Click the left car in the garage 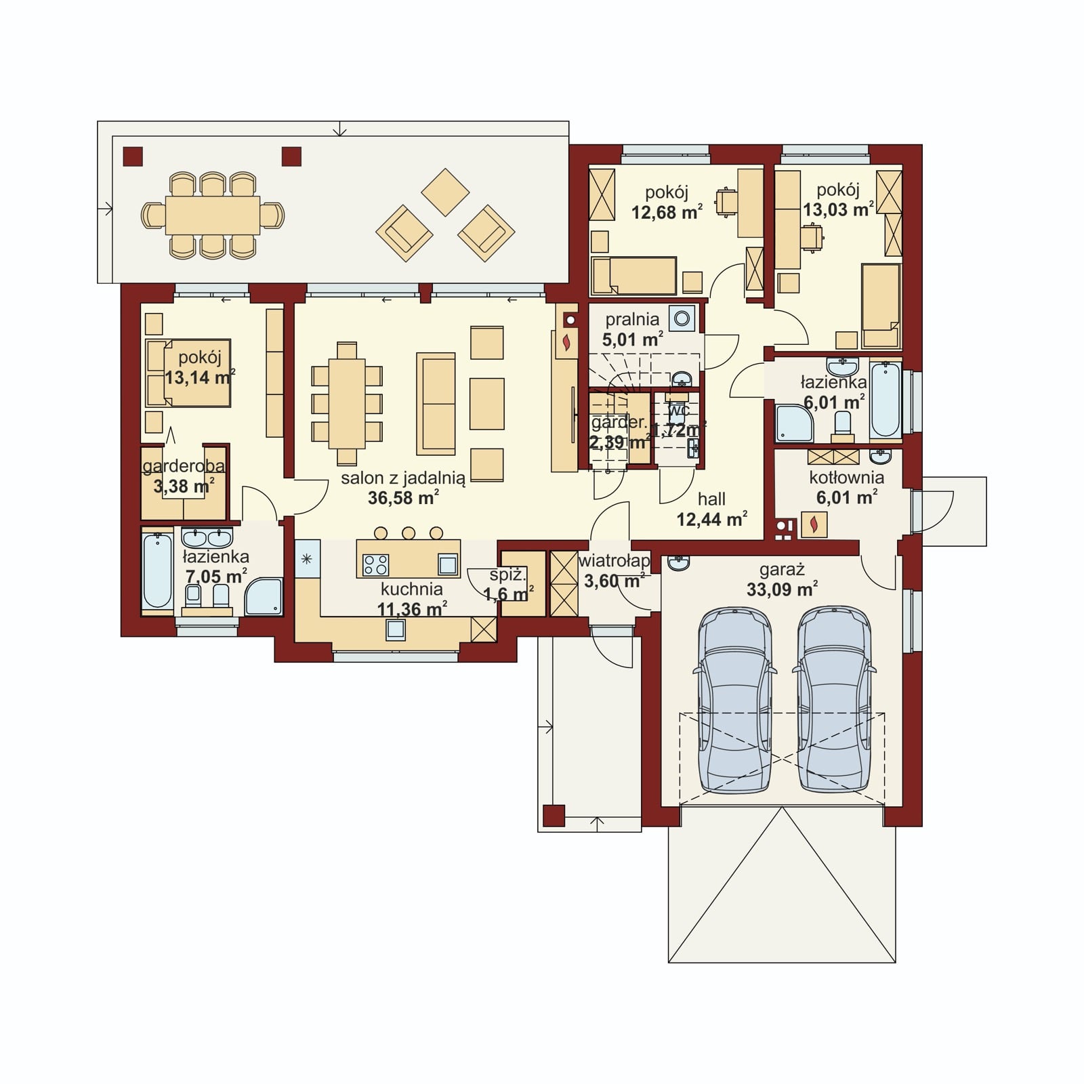pyautogui.click(x=735, y=699)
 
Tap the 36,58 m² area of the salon pyautogui.click(x=403, y=499)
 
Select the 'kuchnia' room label pyautogui.click(x=411, y=589)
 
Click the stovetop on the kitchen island pyautogui.click(x=375, y=564)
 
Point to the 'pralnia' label pyautogui.click(x=632, y=318)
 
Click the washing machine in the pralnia pyautogui.click(x=682, y=317)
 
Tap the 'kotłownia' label pyautogui.click(x=846, y=478)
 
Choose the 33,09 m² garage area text pyautogui.click(x=782, y=589)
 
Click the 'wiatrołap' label pyautogui.click(x=614, y=561)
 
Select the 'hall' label pyautogui.click(x=711, y=499)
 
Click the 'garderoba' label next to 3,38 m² pyautogui.click(x=183, y=467)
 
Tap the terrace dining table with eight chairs pyautogui.click(x=213, y=215)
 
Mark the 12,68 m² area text pyautogui.click(x=667, y=213)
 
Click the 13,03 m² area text pyautogui.click(x=838, y=209)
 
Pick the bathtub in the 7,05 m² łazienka pyautogui.click(x=157, y=571)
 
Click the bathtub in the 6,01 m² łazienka pyautogui.click(x=885, y=400)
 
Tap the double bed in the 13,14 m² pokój pyautogui.click(x=188, y=373)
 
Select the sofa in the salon pyautogui.click(x=436, y=404)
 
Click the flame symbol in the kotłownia pyautogui.click(x=814, y=524)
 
